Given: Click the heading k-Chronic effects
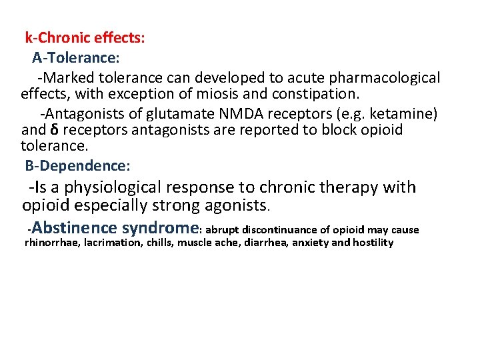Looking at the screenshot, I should pos(85,37).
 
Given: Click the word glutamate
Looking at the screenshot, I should pos(165,114).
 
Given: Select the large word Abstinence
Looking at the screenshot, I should pos(75,228).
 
